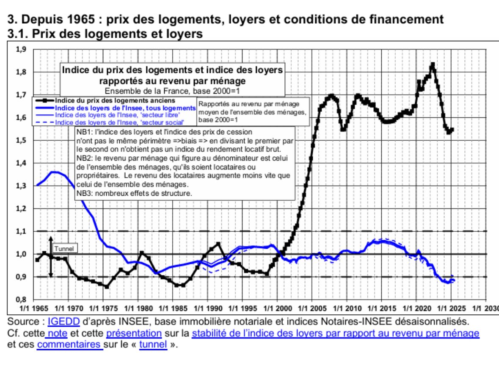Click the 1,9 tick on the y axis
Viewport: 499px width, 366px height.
click(x=21, y=49)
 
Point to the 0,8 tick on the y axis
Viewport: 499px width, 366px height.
click(x=21, y=299)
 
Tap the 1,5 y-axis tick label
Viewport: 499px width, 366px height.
click(x=21, y=140)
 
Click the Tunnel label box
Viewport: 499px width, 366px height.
click(x=64, y=249)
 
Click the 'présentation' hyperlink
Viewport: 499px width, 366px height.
click(x=134, y=333)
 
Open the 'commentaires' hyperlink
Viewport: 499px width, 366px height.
click(x=69, y=344)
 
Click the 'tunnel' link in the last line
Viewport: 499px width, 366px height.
click(x=153, y=344)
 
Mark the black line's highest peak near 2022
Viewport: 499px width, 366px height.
click(x=433, y=64)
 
